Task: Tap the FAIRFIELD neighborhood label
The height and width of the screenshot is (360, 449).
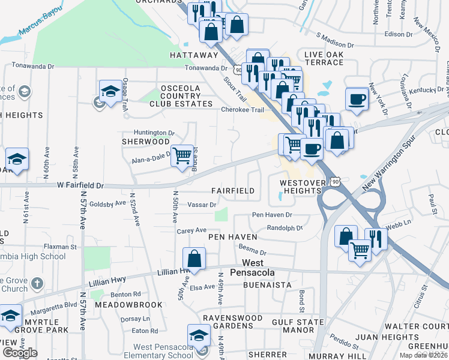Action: (x=233, y=190)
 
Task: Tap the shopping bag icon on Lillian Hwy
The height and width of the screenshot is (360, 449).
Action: (x=194, y=259)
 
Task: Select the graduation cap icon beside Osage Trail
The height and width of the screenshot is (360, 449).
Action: (x=110, y=91)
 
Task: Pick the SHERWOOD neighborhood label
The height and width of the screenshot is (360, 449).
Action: (x=146, y=142)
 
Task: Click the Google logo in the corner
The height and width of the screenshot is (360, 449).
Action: (x=20, y=353)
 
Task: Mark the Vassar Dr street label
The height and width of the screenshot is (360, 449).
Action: (x=202, y=205)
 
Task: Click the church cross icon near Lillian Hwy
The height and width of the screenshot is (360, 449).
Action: (x=37, y=283)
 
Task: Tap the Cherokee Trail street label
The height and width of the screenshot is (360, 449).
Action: (x=243, y=110)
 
